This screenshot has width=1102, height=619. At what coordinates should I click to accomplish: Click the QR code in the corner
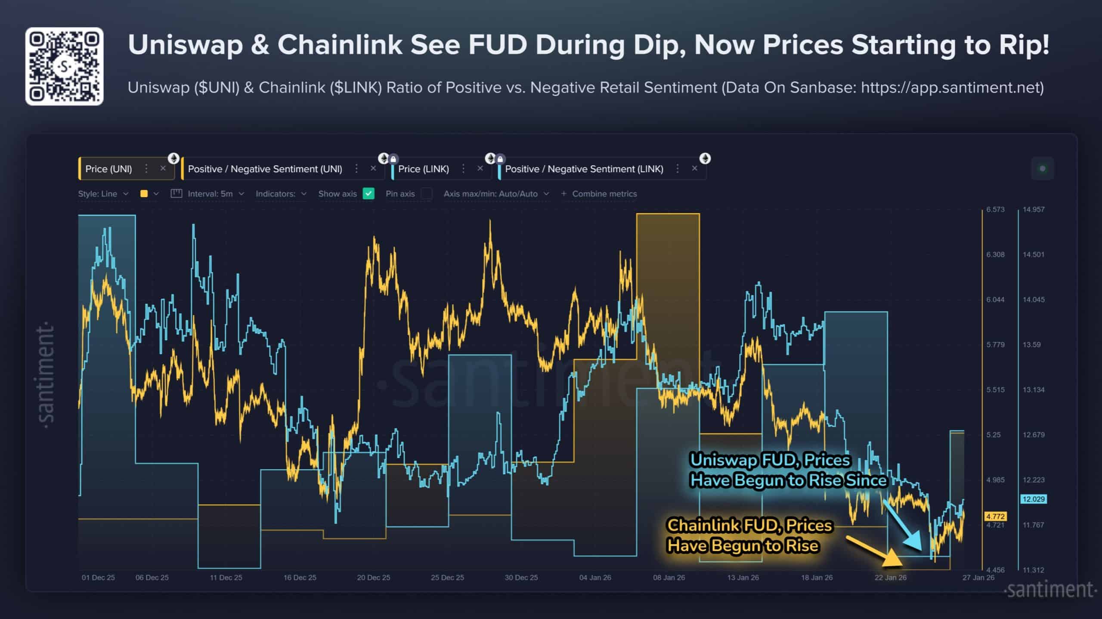[x=64, y=66]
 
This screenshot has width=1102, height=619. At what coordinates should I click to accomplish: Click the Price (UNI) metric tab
[x=108, y=169]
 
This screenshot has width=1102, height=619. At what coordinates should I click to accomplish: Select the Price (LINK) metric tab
[x=424, y=169]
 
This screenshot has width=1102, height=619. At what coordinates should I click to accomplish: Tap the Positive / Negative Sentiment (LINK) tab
[x=584, y=169]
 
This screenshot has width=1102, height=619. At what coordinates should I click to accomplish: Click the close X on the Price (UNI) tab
[x=163, y=168]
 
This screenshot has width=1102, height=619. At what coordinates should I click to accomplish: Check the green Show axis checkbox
[x=368, y=194]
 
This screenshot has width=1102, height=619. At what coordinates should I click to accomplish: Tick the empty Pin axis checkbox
[x=427, y=194]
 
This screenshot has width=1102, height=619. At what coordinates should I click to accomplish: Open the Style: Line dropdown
[x=103, y=194]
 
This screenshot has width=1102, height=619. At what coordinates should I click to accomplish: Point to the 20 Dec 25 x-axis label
[x=373, y=578]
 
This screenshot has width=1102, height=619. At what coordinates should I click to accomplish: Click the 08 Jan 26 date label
[x=669, y=578]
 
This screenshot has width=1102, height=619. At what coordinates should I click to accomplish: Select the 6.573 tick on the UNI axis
[x=995, y=210]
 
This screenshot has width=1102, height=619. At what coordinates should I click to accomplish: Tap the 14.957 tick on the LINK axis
[x=1033, y=210]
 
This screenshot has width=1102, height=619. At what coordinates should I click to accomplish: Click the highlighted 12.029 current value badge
[x=1033, y=499]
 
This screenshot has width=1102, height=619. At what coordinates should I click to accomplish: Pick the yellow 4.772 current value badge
[x=995, y=516]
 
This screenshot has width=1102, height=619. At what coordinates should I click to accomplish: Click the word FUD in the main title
[x=497, y=45]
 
